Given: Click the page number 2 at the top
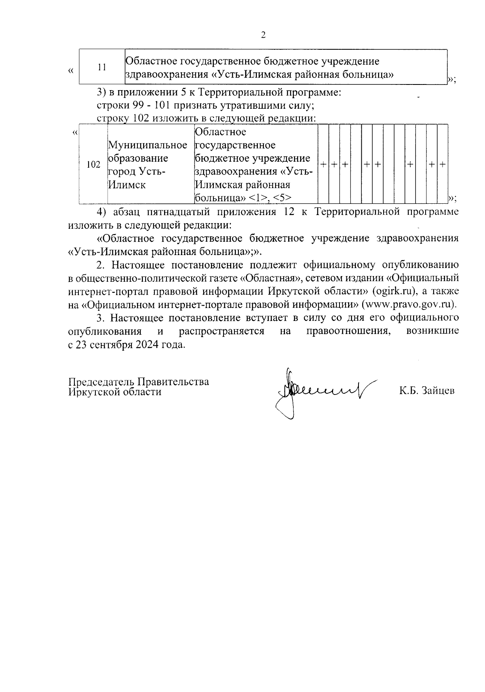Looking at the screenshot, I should (263, 35).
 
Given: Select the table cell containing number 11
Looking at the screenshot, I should (102, 67).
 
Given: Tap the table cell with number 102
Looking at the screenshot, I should (93, 165).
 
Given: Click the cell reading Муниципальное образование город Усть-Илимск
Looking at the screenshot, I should (148, 165).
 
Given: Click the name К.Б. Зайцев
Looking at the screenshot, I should (427, 391).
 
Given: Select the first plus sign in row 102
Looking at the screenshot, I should (323, 165).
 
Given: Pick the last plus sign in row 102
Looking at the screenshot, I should (443, 165).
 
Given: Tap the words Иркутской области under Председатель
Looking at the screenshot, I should (115, 392).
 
